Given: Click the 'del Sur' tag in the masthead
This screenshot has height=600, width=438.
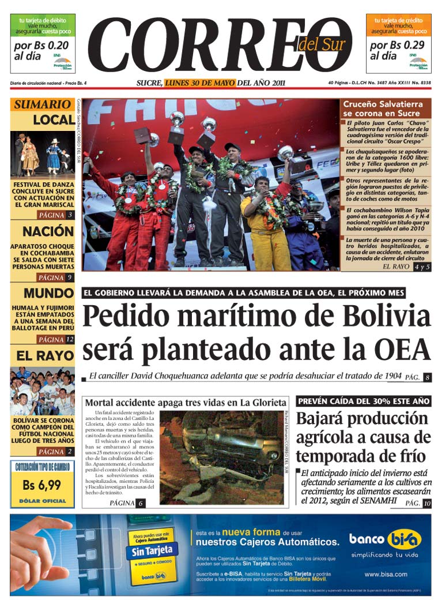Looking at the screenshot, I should [x=322, y=44].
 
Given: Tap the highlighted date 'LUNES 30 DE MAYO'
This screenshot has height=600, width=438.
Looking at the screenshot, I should [x=200, y=83].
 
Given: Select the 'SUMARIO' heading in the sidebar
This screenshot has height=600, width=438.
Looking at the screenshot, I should [x=42, y=104].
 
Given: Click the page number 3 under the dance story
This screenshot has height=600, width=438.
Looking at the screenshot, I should [x=69, y=215].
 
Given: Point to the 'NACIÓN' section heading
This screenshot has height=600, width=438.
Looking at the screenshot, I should [x=48, y=232].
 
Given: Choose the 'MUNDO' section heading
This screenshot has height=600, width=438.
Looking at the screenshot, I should [x=48, y=292].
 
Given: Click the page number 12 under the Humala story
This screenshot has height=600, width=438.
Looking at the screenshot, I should [x=70, y=339].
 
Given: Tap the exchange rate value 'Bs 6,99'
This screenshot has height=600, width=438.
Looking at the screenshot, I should [x=42, y=485].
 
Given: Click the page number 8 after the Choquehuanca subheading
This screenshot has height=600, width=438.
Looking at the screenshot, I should [x=427, y=378].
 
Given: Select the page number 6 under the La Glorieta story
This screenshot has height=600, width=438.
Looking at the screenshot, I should [x=141, y=503].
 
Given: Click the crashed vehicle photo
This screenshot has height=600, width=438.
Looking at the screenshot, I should [x=222, y=456].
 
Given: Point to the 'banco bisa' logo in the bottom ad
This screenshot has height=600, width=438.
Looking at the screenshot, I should [x=386, y=539].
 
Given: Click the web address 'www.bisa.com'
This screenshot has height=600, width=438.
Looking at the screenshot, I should [x=386, y=574].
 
